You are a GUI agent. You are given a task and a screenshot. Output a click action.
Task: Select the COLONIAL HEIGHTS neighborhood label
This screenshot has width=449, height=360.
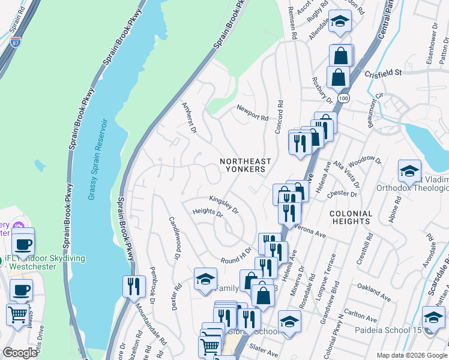(351, 217)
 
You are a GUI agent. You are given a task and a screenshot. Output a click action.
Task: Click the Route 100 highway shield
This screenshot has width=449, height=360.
(342, 97)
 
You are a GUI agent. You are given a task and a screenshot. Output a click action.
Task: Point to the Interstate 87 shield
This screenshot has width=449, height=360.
(16, 42)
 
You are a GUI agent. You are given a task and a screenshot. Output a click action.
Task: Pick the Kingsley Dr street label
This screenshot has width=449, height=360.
(224, 205)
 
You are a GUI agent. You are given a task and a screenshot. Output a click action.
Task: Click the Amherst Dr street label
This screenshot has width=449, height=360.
(189, 118)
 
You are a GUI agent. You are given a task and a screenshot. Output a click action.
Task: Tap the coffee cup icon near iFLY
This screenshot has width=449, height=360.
(23, 244)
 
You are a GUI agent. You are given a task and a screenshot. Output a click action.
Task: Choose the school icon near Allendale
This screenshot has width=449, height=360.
(340, 22)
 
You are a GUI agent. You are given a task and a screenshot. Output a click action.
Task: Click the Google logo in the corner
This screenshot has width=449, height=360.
(20, 353)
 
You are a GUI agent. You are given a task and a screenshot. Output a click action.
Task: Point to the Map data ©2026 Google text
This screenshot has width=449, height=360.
(411, 355)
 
